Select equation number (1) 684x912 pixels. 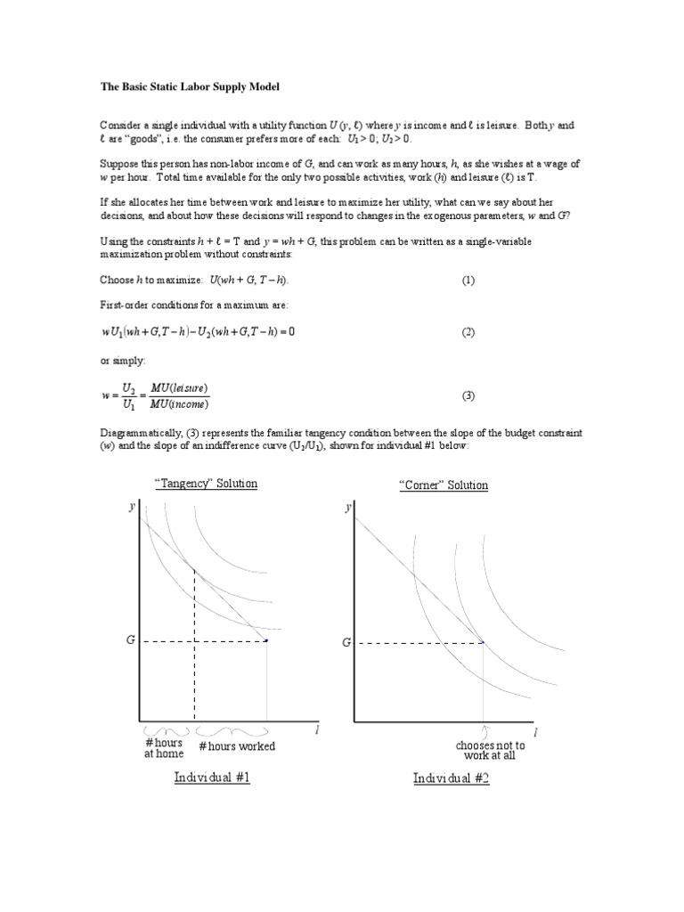click(468, 280)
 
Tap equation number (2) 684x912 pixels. click(468, 332)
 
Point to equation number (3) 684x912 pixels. click(468, 395)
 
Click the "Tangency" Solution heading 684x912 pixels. click(206, 484)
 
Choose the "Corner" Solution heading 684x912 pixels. click(444, 485)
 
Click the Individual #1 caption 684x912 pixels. click(212, 778)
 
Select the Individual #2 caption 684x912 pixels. click(451, 778)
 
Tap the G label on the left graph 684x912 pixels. click(129, 640)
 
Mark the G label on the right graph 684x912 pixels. click(346, 642)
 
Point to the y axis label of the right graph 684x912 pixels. click(347, 507)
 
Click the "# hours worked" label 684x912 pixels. click(237, 746)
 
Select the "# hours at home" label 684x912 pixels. click(164, 748)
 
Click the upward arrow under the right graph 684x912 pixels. click(485, 732)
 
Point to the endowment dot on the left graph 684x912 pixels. click(267, 639)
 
